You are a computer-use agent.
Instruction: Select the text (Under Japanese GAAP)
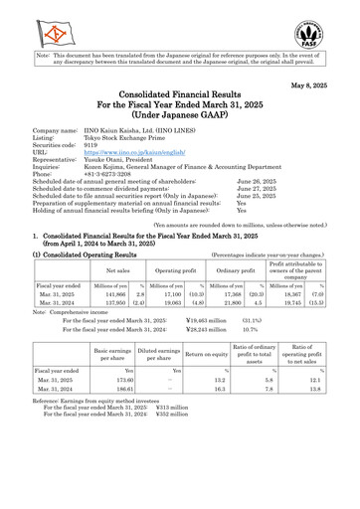180,142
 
